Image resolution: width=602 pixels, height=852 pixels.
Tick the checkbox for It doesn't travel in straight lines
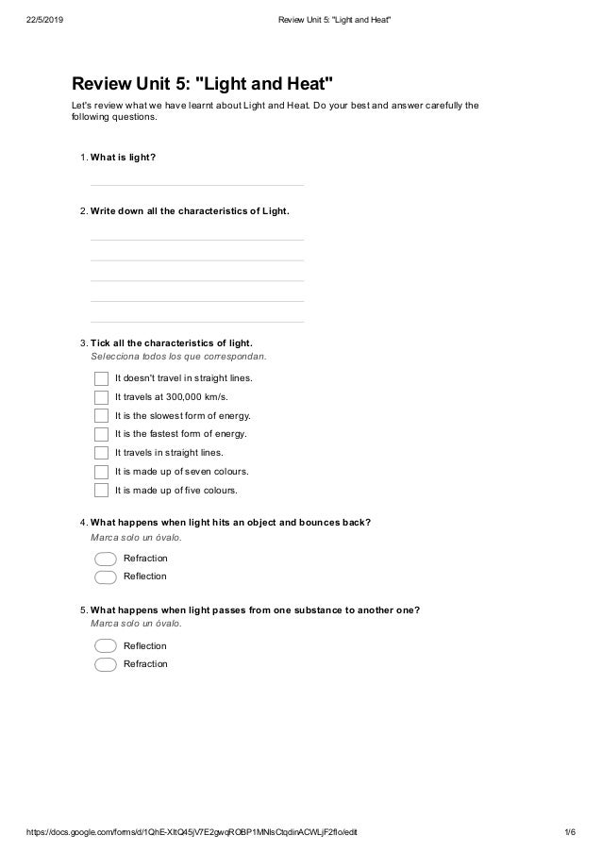102,378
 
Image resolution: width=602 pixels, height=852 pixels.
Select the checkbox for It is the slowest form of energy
102,415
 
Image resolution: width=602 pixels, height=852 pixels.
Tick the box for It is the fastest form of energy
102,434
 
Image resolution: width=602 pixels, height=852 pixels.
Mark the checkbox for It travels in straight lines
102,453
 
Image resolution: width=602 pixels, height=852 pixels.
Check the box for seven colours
102,472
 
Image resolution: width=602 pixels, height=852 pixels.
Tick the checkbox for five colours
102,491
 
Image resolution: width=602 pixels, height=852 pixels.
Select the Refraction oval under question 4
106,559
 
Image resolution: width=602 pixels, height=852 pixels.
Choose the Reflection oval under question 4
106,576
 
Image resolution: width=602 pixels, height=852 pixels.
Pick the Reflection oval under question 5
106,646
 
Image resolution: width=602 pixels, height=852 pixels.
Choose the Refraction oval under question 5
106,664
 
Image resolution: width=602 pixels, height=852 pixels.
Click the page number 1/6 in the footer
569,833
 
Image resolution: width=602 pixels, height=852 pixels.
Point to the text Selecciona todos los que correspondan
178,358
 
